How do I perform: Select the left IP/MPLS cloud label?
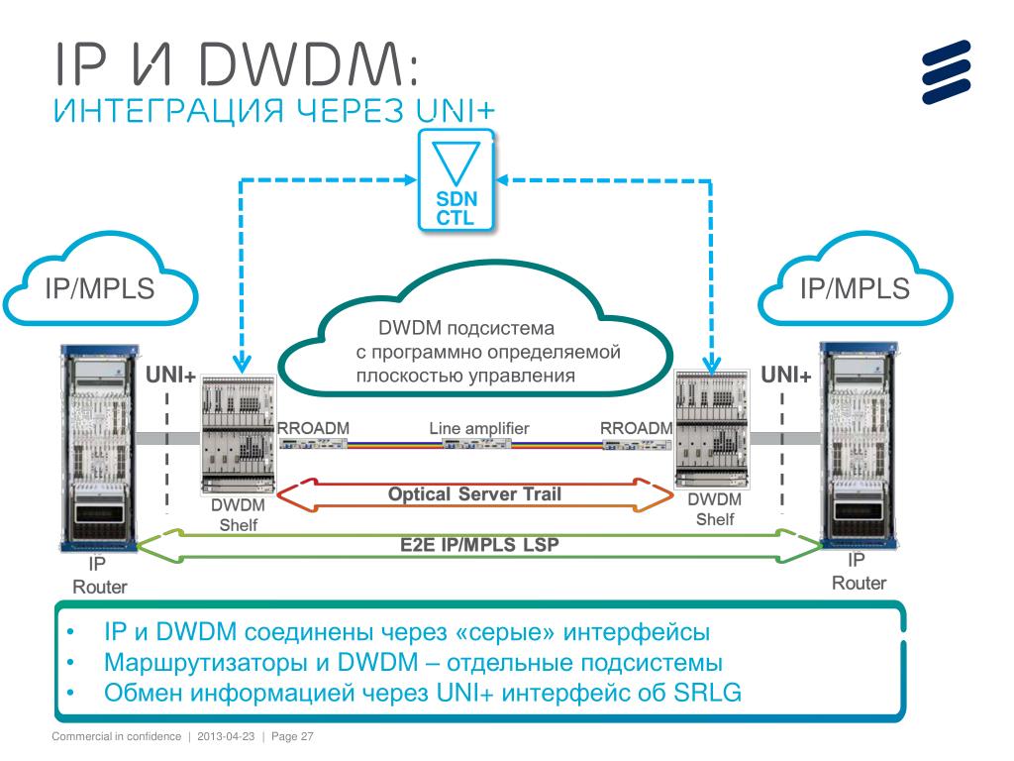pos(100,288)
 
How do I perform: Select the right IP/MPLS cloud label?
pos(855,288)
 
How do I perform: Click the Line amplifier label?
pos(478,428)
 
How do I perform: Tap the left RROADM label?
pos(314,428)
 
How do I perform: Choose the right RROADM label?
pos(637,428)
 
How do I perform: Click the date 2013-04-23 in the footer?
pos(227,738)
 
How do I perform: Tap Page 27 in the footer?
pos(292,738)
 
